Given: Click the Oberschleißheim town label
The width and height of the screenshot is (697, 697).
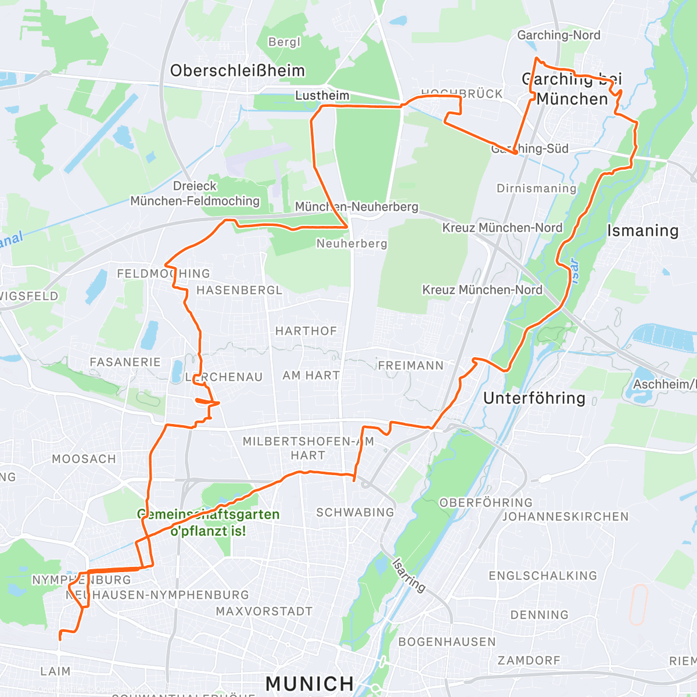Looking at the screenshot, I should pos(237,71).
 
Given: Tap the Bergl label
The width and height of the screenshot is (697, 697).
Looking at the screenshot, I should pos(285,42).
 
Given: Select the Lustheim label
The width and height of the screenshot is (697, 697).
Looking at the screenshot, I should pos(322,95).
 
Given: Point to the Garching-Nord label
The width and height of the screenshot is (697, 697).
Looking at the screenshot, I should pos(559,35).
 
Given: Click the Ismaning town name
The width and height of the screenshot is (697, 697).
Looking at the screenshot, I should pos(642,231).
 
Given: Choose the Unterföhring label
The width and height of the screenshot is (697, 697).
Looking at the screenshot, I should pos(534,398).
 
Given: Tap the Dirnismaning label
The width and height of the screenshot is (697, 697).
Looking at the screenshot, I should pos(536,188).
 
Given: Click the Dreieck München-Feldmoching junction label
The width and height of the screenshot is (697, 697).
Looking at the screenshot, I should pos(195,193).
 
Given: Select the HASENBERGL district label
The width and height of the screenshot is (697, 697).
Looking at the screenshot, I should pos(239,290).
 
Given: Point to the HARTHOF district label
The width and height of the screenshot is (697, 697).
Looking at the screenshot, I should pos(306,331).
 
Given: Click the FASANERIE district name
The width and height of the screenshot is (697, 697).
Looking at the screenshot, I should pos(125,362).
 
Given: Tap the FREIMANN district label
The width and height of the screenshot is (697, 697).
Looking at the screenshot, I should pos(411,365).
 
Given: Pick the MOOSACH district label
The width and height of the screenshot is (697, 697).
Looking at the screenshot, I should pos(84,459).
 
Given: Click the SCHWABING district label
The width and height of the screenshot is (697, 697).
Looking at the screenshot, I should pos(355,512).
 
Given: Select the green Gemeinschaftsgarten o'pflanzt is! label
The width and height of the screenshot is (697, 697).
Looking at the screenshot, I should pos(208,523).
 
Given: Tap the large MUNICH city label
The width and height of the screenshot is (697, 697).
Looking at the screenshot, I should pos(310,684).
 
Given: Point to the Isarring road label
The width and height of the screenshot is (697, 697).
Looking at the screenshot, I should pos(409,575).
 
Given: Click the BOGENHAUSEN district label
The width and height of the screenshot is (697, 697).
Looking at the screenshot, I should pos(447,642).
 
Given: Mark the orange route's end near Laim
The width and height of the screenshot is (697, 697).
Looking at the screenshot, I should pos(59,639).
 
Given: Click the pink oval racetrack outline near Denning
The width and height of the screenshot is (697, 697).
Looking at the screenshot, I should pos(638,605).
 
